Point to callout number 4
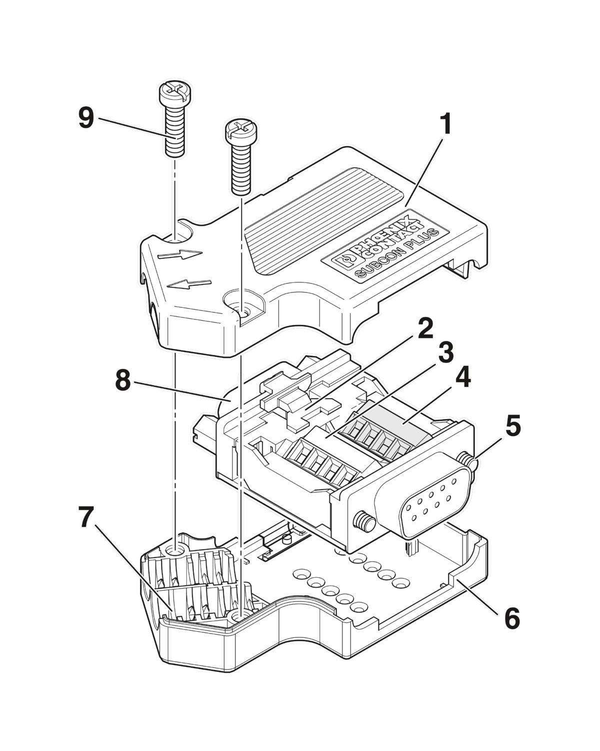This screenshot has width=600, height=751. coord(462,378)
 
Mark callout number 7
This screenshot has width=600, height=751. coord(85,518)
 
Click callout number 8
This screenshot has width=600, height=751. coord(122,382)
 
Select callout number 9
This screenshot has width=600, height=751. coord(86,118)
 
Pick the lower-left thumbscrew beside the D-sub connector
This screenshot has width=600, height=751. coord(364,522)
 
